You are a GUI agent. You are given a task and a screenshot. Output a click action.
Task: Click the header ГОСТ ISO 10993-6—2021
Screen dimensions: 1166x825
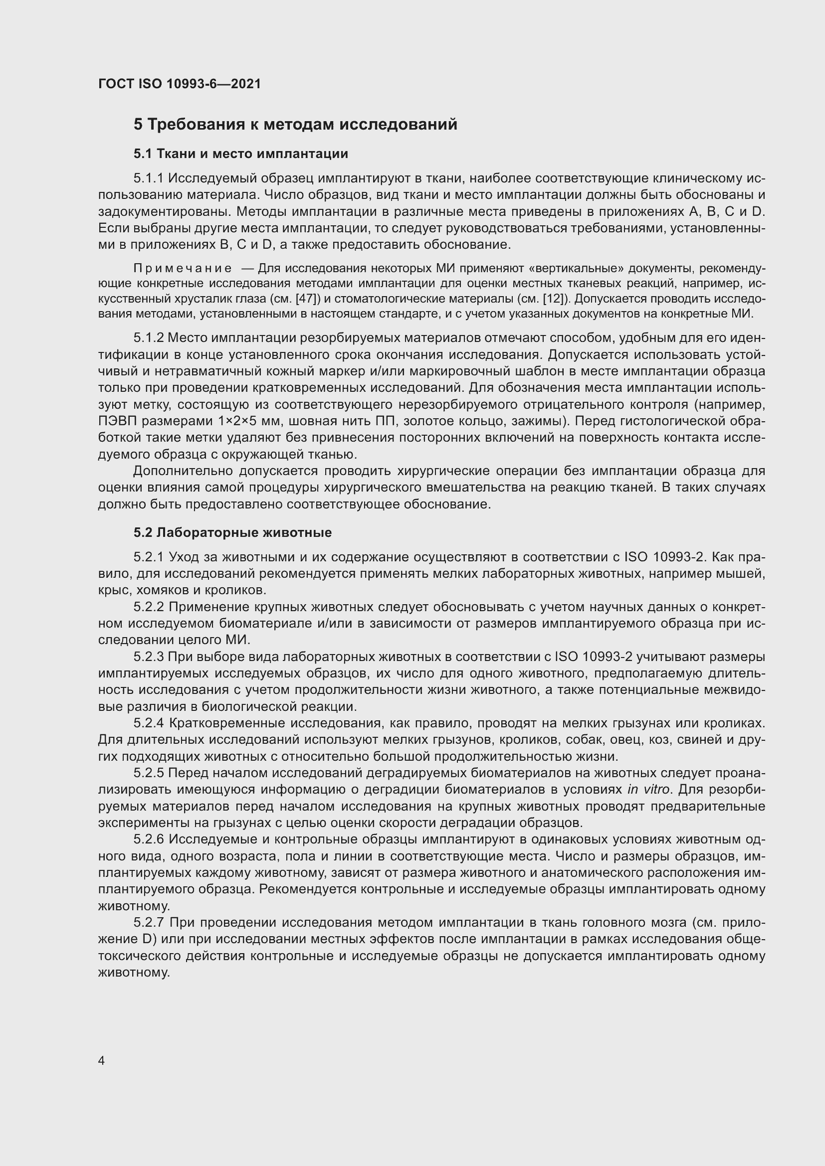point(180,84)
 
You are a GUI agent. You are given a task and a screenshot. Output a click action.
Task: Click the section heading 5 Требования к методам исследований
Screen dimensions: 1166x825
point(295,125)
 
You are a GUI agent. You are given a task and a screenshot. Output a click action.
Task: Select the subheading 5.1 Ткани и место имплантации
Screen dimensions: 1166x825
point(241,154)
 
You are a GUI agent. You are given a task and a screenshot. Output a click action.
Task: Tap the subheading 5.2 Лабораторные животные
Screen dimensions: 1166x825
point(232,532)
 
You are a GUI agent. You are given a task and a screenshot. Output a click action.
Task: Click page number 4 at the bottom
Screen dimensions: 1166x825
point(102,1061)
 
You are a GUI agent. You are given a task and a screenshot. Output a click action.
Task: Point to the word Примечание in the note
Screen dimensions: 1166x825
point(183,268)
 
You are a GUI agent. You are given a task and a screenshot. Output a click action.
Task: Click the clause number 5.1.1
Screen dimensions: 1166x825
point(148,178)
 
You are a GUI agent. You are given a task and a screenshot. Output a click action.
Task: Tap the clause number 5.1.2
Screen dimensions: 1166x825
point(148,337)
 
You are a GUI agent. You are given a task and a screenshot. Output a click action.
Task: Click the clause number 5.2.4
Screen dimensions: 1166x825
point(148,723)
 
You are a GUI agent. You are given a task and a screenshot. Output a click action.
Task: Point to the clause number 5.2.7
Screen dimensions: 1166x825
point(148,922)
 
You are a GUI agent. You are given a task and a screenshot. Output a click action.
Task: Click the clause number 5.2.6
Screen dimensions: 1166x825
point(148,839)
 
